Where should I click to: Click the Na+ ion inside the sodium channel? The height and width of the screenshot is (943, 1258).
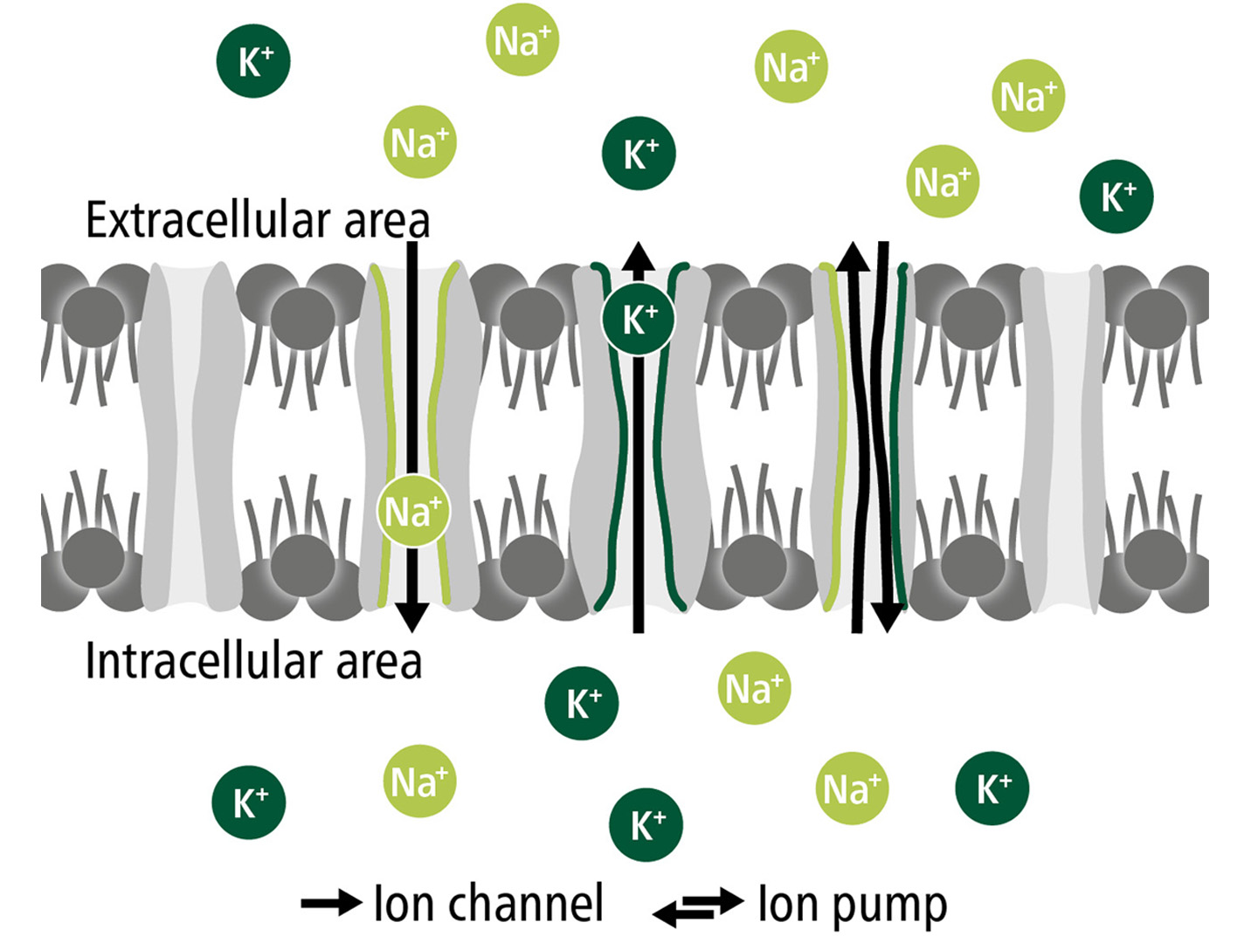pos(413,511)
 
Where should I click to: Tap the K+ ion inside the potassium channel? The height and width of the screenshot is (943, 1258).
pos(639,319)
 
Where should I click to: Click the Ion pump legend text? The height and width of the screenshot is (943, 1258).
pos(852,905)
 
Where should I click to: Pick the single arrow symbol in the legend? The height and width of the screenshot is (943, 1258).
pos(330,903)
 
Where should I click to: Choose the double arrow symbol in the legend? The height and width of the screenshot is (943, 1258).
pos(698,906)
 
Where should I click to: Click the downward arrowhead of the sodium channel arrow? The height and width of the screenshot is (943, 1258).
pos(412,618)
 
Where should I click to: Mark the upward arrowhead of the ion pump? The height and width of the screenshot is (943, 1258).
pos(854,256)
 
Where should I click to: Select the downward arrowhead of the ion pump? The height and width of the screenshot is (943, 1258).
pos(887,618)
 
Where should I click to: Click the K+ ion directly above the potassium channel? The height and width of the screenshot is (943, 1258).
pos(639,154)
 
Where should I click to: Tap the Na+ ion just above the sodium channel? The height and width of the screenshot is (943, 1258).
pos(420,142)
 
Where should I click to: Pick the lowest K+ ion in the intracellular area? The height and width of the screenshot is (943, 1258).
pos(646,824)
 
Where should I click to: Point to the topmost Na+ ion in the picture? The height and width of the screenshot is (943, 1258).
pos(522,40)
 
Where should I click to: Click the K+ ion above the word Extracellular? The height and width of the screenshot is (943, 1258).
pos(253,61)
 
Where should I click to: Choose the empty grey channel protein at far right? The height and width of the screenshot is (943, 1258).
pos(1062,437)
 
